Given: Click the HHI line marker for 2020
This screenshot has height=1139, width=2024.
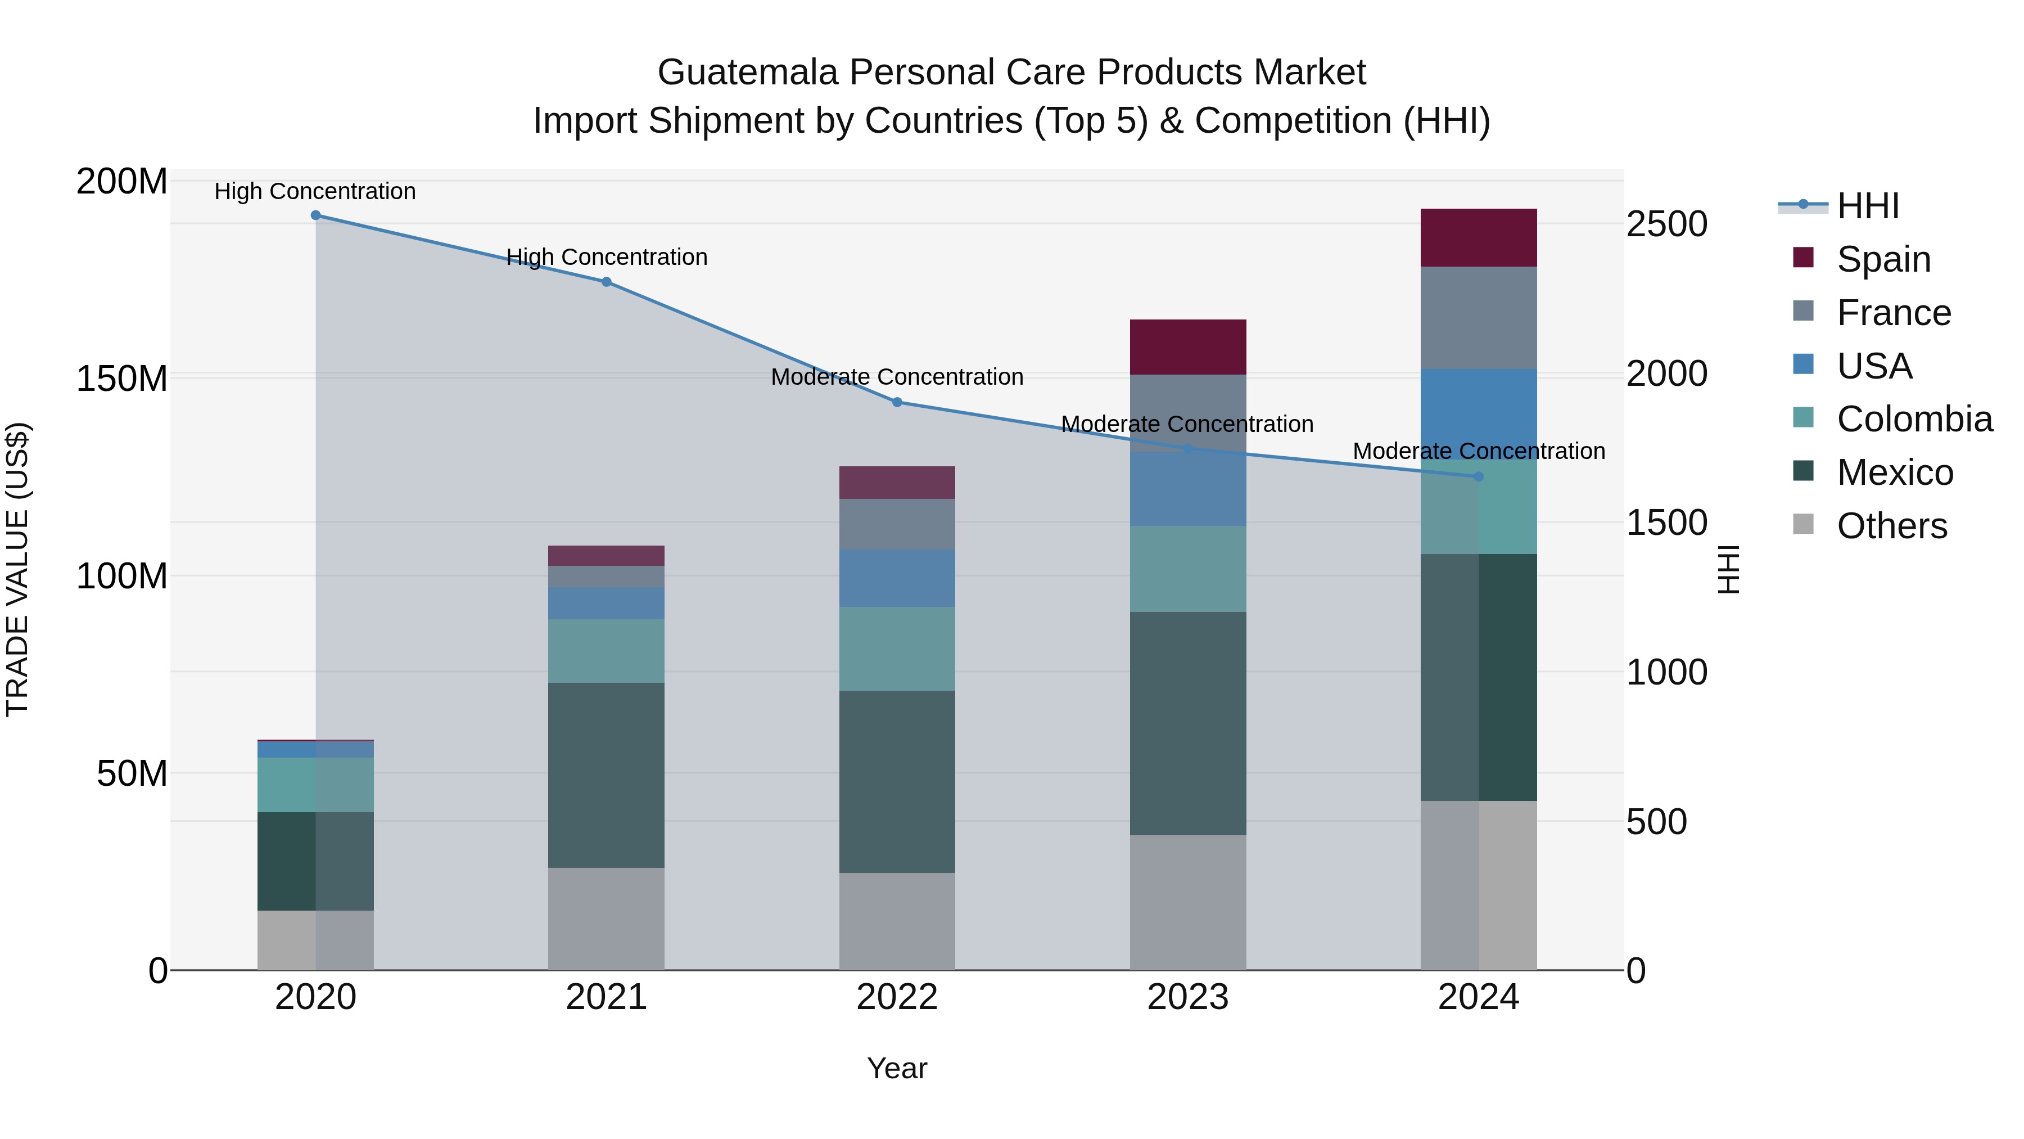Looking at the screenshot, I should tap(316, 215).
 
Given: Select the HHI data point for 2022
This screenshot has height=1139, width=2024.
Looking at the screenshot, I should tap(897, 403).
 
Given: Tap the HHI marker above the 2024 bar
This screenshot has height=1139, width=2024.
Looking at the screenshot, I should tap(1479, 477).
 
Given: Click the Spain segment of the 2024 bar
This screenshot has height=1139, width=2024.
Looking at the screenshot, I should tap(1479, 237).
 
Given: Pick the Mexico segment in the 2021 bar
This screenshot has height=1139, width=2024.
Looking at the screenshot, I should tap(606, 775).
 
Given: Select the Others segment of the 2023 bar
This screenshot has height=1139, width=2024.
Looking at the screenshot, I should tap(1188, 902).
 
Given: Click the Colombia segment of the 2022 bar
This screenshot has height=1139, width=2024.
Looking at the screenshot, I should tap(897, 649).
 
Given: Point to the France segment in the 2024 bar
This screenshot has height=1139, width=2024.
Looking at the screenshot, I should tap(1479, 318).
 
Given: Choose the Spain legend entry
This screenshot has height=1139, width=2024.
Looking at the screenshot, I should tap(1883, 259).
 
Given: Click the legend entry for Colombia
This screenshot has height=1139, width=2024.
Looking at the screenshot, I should tap(1914, 419).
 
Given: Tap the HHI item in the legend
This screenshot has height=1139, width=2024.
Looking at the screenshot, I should tap(1868, 206).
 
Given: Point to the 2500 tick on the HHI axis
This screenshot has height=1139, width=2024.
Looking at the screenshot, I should tap(1666, 225).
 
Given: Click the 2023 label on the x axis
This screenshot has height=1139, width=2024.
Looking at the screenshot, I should tap(1188, 997).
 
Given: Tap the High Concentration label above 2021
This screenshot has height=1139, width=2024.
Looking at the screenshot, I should tap(607, 257).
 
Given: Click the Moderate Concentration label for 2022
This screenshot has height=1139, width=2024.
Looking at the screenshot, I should tap(897, 377).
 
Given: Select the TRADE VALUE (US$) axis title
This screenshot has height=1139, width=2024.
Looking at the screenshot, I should tap(17, 569).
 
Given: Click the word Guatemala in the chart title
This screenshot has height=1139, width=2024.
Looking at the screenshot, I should tap(747, 73).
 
